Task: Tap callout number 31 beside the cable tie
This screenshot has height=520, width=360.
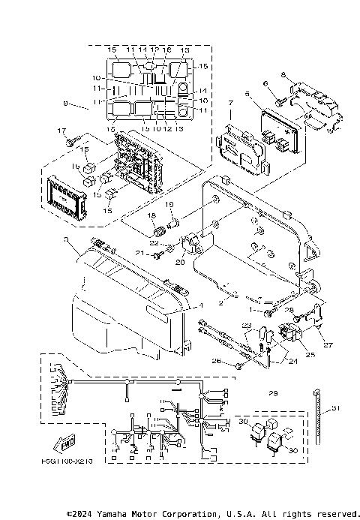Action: point(335,408)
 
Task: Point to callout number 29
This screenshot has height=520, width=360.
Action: point(273,393)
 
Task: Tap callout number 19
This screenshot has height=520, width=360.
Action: point(169,204)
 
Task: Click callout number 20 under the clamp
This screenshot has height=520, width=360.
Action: point(180,262)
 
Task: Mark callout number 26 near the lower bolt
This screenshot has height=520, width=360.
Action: point(217,362)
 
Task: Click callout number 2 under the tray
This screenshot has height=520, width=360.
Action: point(220,302)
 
